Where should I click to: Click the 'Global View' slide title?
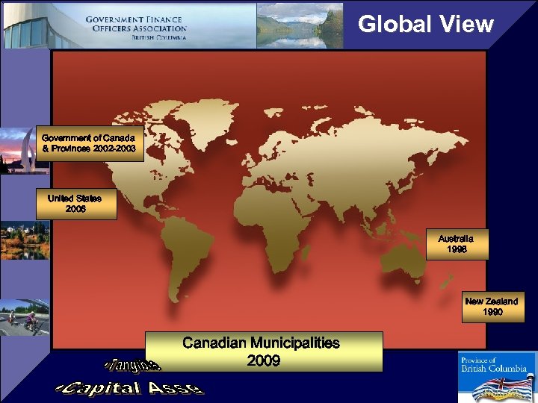(426, 24)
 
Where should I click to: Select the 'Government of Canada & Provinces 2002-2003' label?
(88, 143)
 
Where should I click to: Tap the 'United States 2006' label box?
(76, 204)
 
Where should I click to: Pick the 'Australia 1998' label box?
(456, 244)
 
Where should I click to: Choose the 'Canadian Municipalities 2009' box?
(262, 352)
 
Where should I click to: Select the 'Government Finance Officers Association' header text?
(135, 27)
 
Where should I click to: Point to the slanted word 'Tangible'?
(132, 365)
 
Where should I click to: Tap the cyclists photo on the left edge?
(25, 317)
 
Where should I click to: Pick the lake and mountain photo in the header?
(299, 25)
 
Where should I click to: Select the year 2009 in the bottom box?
(263, 361)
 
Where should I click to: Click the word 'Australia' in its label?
(456, 238)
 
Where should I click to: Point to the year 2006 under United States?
(75, 209)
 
